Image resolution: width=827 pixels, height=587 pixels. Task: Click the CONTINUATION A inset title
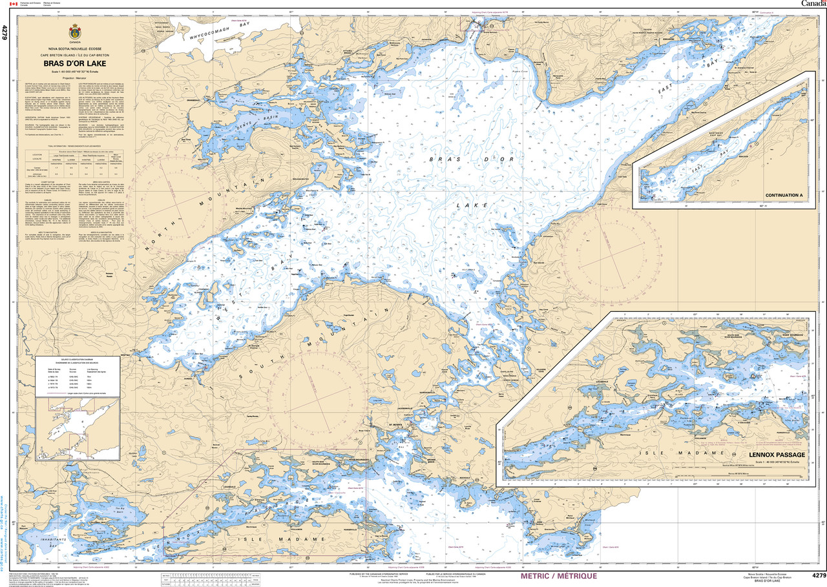tap(783, 195)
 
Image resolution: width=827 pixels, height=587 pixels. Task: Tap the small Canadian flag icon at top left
tap(6, 4)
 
